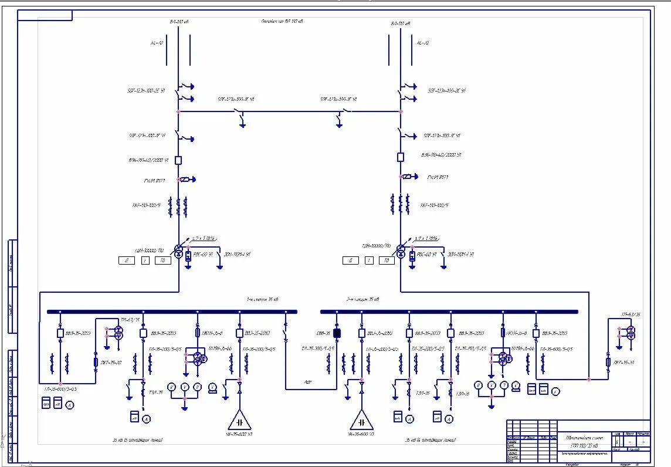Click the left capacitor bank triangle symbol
[239, 421]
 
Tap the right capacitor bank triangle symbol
[362, 421]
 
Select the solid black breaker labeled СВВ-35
[337, 333]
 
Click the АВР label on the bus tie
[307, 382]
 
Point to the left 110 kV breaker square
[179, 160]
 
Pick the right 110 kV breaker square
[401, 157]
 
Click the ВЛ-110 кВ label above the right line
[401, 23]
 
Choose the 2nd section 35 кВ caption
[362, 299]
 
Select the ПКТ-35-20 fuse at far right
[608, 363]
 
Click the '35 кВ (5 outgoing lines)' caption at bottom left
[137, 439]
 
